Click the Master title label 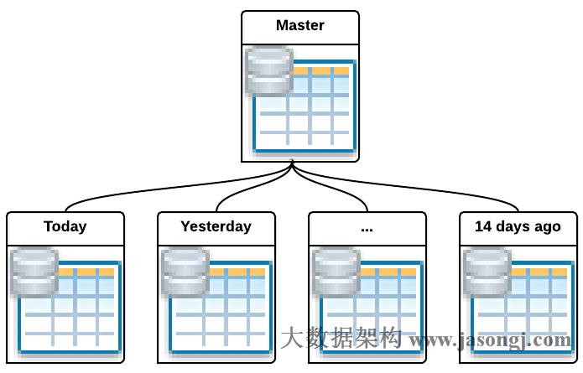click(x=300, y=26)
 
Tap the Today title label click(x=65, y=226)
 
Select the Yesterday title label click(x=216, y=226)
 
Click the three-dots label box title click(x=367, y=227)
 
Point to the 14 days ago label click(x=518, y=226)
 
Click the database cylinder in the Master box click(x=269, y=71)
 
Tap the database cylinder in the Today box click(x=34, y=272)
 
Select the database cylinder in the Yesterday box click(x=185, y=272)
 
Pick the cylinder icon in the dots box click(x=336, y=272)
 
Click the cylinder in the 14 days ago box click(x=487, y=272)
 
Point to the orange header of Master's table click(x=322, y=71)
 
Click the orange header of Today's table click(x=87, y=272)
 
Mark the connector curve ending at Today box click(x=126, y=192)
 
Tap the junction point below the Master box click(x=292, y=164)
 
